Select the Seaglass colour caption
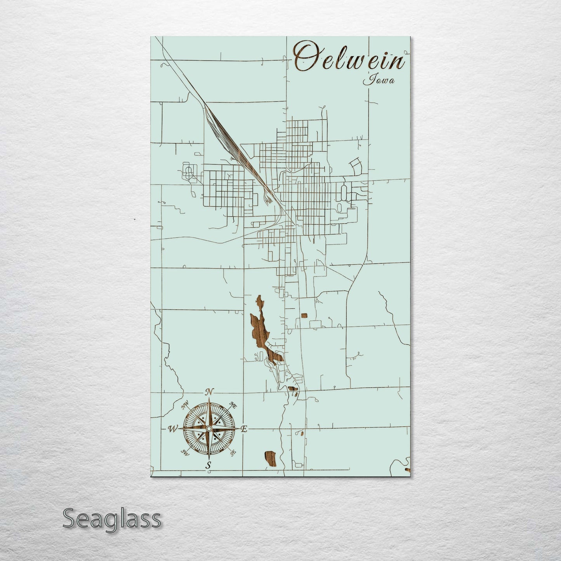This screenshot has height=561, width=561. (x=111, y=519)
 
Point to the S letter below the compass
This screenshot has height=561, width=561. (x=208, y=465)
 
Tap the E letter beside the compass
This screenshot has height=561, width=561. (x=244, y=429)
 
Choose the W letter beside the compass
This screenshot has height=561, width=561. (x=172, y=429)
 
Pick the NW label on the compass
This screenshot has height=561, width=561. (x=185, y=407)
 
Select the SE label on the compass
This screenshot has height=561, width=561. (x=233, y=452)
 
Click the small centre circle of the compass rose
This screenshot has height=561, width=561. (x=208, y=428)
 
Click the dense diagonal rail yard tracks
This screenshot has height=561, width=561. (x=223, y=132)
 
